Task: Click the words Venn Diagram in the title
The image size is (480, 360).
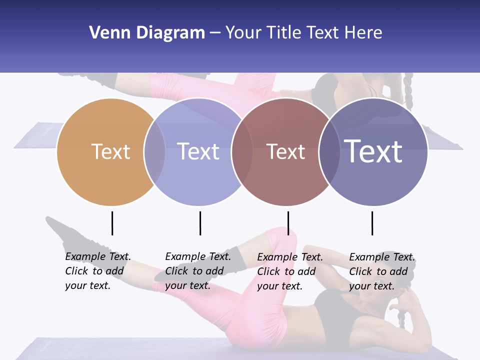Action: pyautogui.click(x=147, y=32)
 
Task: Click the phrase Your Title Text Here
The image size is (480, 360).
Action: pyautogui.click(x=303, y=32)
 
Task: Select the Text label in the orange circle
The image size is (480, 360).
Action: pyautogui.click(x=110, y=151)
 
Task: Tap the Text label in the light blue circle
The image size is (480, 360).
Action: pyautogui.click(x=198, y=151)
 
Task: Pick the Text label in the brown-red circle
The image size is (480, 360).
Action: pyautogui.click(x=285, y=151)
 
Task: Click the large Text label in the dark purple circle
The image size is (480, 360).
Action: pyautogui.click(x=373, y=151)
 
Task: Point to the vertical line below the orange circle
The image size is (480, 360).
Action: pyautogui.click(x=112, y=223)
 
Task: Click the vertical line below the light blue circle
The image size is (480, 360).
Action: pyautogui.click(x=200, y=223)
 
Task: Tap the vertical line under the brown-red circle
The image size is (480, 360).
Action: pyautogui.click(x=288, y=223)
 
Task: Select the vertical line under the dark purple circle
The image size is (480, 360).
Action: pyautogui.click(x=372, y=223)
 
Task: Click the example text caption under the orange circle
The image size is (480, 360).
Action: pyautogui.click(x=98, y=271)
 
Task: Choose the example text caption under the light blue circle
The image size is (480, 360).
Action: pyautogui.click(x=198, y=271)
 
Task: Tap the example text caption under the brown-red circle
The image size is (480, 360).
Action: pyautogui.click(x=290, y=271)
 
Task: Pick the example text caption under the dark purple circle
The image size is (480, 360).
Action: pyautogui.click(x=382, y=271)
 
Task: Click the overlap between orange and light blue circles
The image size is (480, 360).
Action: pyautogui.click(x=154, y=151)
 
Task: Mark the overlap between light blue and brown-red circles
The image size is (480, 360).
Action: pyautogui.click(x=242, y=151)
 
